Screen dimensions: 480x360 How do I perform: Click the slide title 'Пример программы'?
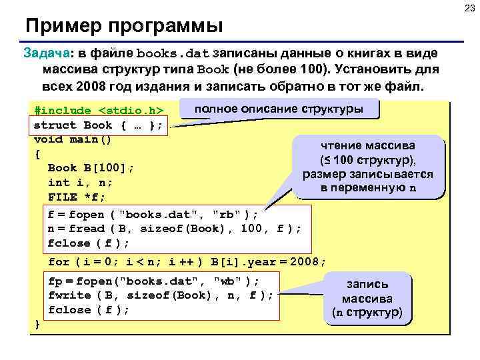click(x=123, y=27)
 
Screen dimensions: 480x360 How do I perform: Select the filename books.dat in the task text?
click(x=173, y=53)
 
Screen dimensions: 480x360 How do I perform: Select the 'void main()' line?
click(x=73, y=139)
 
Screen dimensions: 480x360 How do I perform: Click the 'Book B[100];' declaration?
click(x=91, y=168)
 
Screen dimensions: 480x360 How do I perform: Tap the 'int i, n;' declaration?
click(x=80, y=182)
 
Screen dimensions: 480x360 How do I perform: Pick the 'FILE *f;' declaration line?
click(x=77, y=197)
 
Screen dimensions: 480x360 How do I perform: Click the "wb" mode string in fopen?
click(x=228, y=280)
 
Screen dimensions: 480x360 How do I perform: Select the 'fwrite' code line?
click(x=161, y=295)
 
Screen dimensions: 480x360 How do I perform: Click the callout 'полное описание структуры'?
click(x=279, y=109)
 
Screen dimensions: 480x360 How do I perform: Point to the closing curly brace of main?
click(x=37, y=324)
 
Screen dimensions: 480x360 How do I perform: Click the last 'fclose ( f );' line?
click(x=89, y=310)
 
